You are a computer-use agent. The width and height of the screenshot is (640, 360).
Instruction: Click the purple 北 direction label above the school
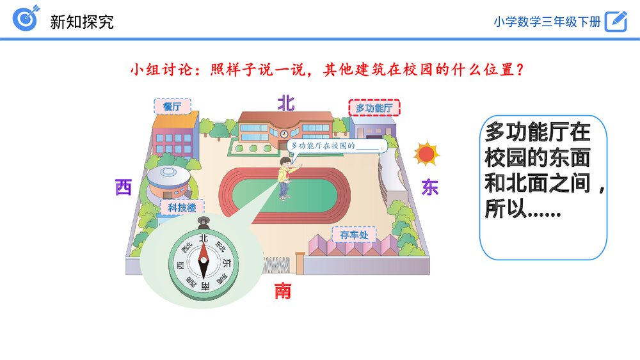click(285, 103)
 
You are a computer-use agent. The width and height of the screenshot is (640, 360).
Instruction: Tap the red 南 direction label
click(283, 292)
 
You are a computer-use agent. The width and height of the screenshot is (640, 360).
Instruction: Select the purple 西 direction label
click(123, 187)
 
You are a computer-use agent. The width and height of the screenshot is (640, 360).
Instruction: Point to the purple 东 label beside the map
click(429, 187)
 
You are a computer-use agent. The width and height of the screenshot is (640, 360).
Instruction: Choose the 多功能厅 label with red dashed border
click(374, 108)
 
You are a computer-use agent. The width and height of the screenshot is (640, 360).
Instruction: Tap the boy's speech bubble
click(335, 146)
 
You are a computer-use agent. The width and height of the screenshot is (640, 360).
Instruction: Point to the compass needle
click(204, 262)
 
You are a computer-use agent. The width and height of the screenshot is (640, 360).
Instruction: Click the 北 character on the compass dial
click(204, 239)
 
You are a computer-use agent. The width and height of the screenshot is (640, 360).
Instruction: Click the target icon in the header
click(26, 19)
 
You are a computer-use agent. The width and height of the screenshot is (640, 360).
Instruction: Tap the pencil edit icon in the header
click(616, 20)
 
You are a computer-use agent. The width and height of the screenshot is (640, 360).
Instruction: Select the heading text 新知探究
click(82, 22)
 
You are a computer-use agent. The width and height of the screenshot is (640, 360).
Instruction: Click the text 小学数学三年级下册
click(547, 21)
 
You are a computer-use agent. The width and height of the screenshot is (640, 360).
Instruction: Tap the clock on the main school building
click(284, 133)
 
